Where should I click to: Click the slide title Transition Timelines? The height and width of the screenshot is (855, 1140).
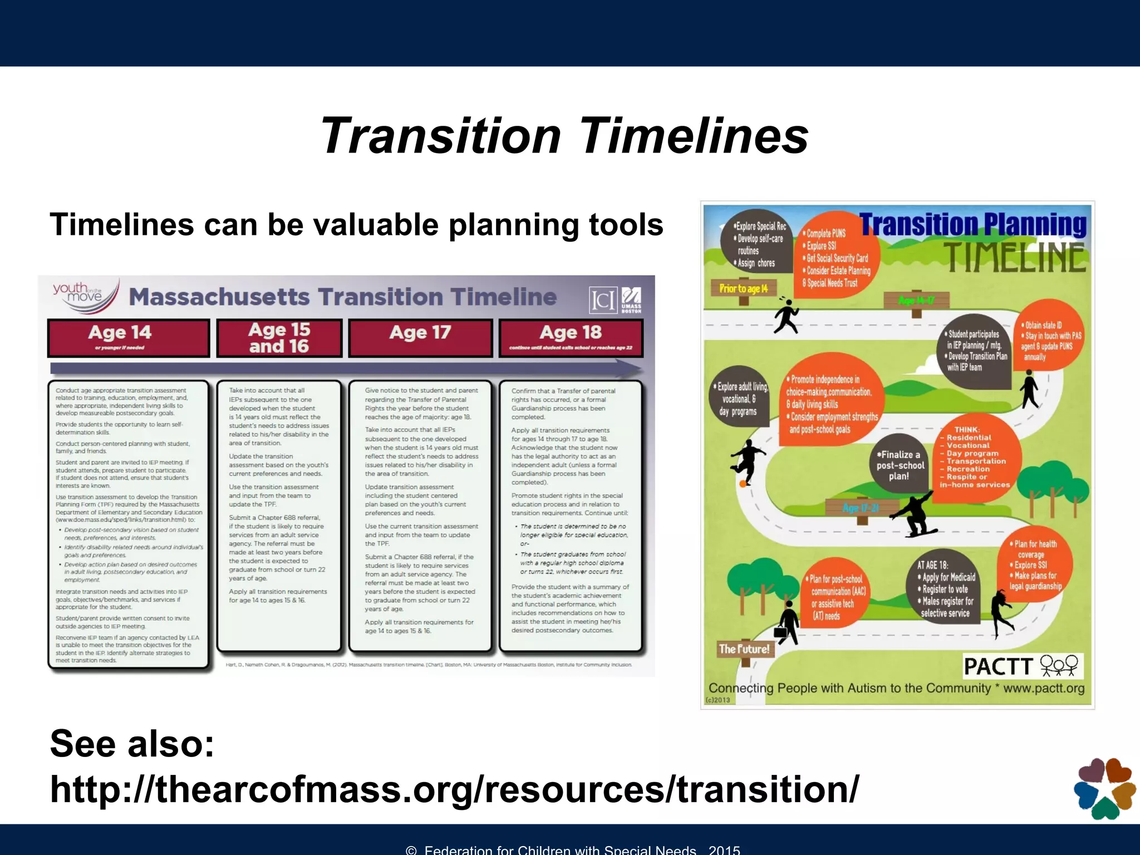(564, 136)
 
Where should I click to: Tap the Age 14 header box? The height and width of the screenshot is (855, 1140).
(129, 337)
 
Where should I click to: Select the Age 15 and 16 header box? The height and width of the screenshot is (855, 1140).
(279, 337)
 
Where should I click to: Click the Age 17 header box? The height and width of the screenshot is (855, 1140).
(420, 337)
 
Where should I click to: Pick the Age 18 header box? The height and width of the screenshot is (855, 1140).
(571, 337)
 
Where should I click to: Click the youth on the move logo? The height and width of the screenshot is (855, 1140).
(85, 294)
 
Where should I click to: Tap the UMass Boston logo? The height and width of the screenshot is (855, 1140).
(631, 300)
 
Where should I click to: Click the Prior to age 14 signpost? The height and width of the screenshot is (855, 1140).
(743, 289)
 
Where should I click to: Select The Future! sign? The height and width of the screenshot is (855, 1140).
(744, 649)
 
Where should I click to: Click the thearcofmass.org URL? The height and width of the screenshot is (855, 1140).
(454, 789)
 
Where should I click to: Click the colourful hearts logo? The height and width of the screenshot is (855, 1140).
(1104, 788)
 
